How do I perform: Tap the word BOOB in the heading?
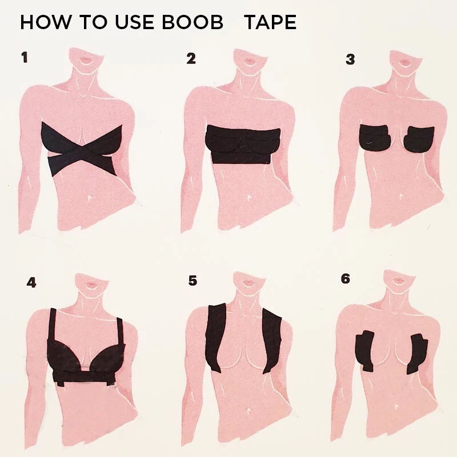193,22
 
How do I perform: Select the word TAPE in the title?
270,22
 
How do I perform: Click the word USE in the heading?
134,22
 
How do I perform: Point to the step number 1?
25,57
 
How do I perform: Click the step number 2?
191,59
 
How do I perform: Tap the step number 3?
350,59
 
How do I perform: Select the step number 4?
31,282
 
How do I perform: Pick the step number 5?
193,280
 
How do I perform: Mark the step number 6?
346,279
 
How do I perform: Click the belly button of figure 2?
249,198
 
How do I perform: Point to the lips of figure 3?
405,62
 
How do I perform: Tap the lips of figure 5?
248,282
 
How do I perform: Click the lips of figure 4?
92,283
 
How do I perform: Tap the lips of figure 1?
87,60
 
